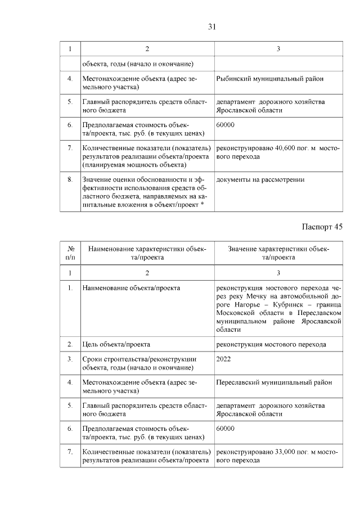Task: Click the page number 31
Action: [x=211, y=26]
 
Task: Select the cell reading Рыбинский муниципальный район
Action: [x=270, y=79]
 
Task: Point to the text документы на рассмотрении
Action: [x=260, y=180]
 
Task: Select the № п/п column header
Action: [x=71, y=253]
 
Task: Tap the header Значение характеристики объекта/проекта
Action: [x=278, y=253]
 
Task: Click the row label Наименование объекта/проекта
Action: [x=131, y=288]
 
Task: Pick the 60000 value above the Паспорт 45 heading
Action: [x=225, y=125]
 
